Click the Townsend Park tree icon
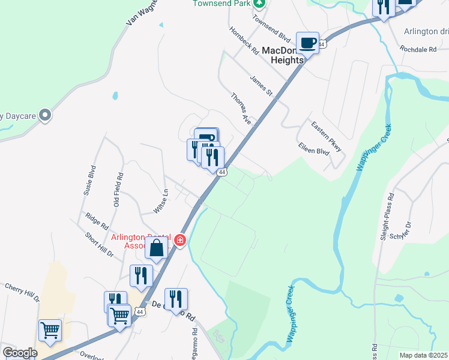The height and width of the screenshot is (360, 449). (259, 3)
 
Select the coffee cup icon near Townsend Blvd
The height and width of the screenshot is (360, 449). (307, 43)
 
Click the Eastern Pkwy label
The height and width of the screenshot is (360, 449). (325, 136)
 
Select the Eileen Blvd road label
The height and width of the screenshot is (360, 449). (314, 149)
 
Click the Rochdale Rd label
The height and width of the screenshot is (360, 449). (420, 49)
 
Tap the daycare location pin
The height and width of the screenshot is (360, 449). (44, 115)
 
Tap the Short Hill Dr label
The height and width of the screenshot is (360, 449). (99, 245)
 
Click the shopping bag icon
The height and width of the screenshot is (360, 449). (156, 248)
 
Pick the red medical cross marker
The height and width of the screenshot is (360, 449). (179, 241)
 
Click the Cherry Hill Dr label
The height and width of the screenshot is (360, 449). (22, 292)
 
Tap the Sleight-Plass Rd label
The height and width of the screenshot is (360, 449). (386, 216)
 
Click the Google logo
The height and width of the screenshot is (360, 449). (20, 353)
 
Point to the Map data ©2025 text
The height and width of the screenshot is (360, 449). (423, 355)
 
